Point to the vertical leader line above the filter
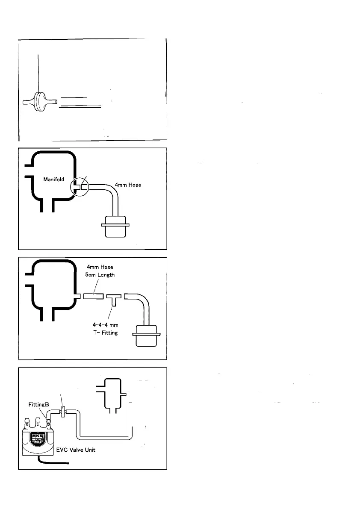coord(38,73)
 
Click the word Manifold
coord(54,179)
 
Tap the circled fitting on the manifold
coord(80,186)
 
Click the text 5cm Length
coord(100,275)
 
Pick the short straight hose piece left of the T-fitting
coord(93,296)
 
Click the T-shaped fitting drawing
coord(113,297)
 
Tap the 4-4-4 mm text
coord(105,325)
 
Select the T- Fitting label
coord(105,332)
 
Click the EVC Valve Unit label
coord(82,450)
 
